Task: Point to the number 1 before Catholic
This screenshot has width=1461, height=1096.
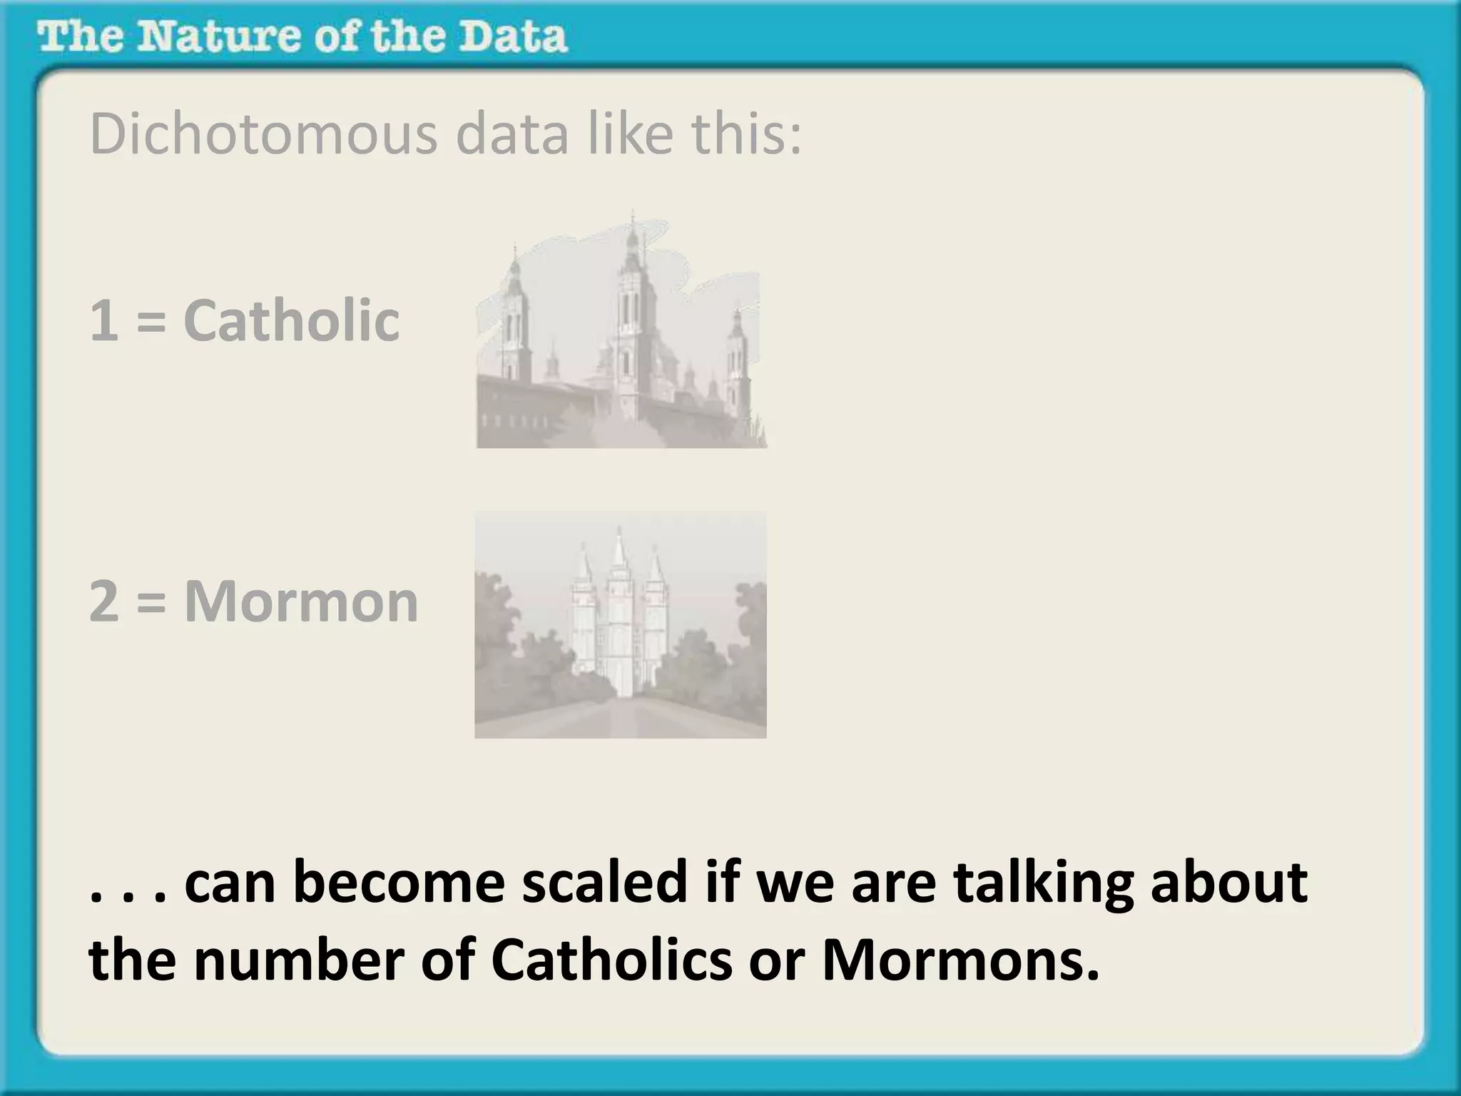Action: pyautogui.click(x=104, y=321)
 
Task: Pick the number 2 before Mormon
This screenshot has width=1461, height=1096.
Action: pyautogui.click(x=104, y=602)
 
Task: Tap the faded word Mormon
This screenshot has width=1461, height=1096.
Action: pyautogui.click(x=301, y=602)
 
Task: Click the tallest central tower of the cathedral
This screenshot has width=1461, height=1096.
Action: pyautogui.click(x=633, y=314)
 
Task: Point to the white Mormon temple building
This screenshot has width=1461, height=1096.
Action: pyautogui.click(x=619, y=621)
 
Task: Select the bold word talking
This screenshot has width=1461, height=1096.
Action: pyautogui.click(x=1043, y=882)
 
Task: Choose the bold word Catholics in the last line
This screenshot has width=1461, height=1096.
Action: pyautogui.click(x=611, y=960)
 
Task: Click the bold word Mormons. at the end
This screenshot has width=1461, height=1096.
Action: pyautogui.click(x=960, y=960)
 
